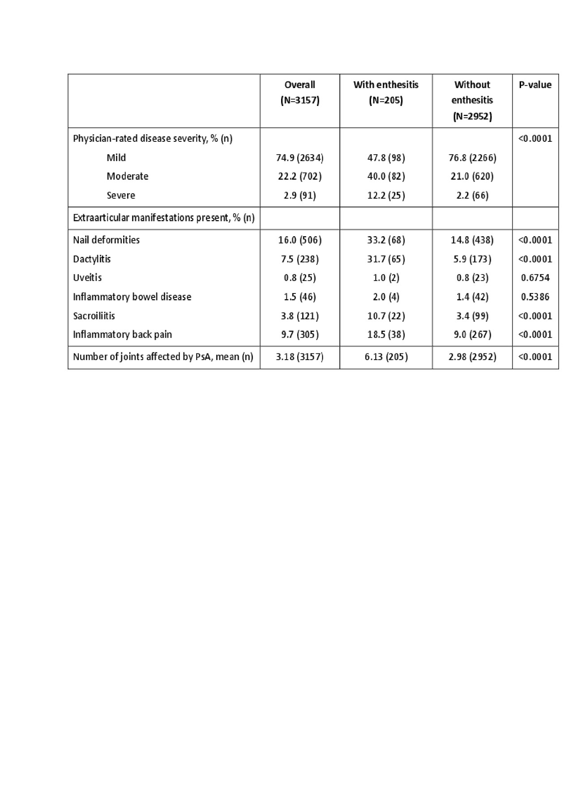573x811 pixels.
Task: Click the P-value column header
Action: pyautogui.click(x=535, y=85)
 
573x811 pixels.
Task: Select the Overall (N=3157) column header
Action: pyautogui.click(x=299, y=93)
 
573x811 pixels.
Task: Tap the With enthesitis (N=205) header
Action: pyautogui.click(x=385, y=93)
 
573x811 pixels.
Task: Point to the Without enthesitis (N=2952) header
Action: pyautogui.click(x=472, y=100)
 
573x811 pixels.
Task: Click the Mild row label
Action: pyautogui.click(x=116, y=158)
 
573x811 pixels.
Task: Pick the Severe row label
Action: pyautogui.click(x=121, y=195)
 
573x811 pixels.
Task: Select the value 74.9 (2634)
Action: pyautogui.click(x=299, y=158)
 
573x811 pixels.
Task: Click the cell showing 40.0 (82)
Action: pyautogui.click(x=386, y=177)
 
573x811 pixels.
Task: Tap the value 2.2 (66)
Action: pyautogui.click(x=472, y=195)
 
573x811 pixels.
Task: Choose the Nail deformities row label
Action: pyautogui.click(x=107, y=240)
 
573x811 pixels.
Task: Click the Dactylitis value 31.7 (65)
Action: pyautogui.click(x=386, y=259)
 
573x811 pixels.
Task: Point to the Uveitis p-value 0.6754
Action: pyautogui.click(x=535, y=278)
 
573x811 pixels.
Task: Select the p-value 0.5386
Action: pyautogui.click(x=535, y=297)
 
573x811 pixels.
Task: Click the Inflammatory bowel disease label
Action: pyautogui.click(x=132, y=297)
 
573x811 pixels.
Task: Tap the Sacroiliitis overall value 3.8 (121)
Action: pyautogui.click(x=299, y=316)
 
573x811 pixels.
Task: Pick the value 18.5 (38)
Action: pyautogui.click(x=386, y=335)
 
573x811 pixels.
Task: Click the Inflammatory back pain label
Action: pyautogui.click(x=122, y=335)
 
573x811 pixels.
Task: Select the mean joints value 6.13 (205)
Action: pyautogui.click(x=386, y=357)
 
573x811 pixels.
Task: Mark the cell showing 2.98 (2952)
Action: pyautogui.click(x=472, y=357)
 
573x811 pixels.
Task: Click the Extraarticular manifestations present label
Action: pyautogui.click(x=163, y=218)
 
